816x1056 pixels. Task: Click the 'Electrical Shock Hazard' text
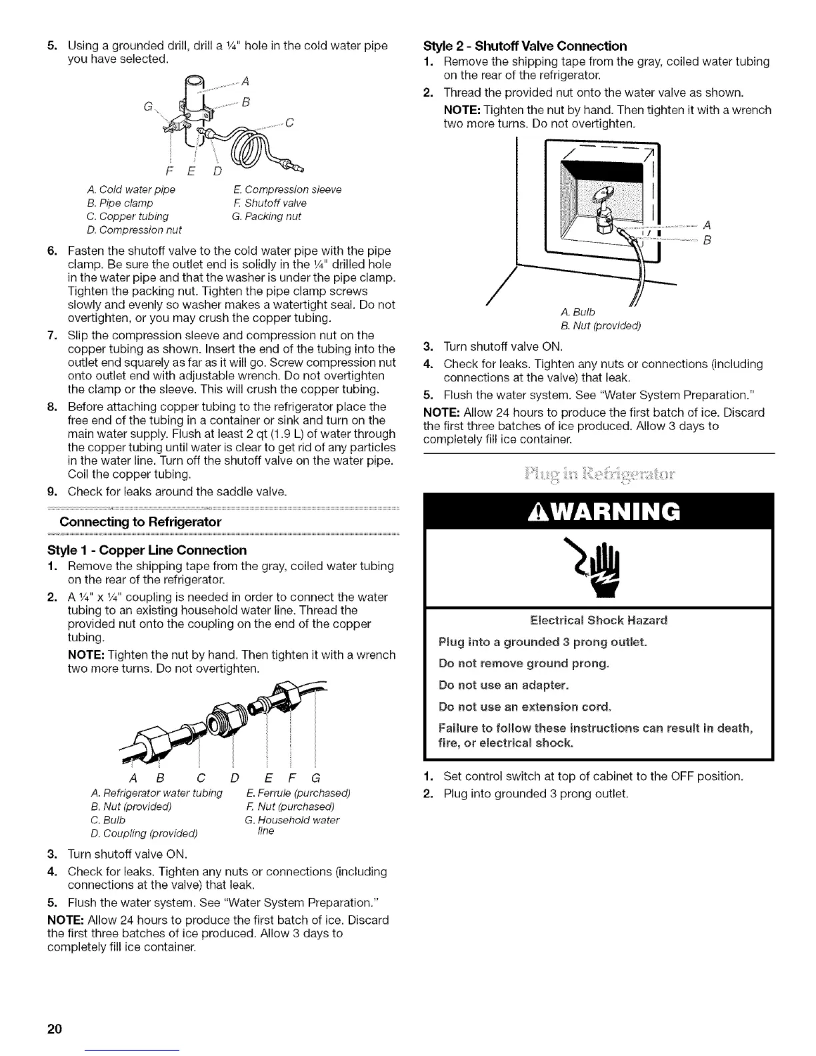click(x=597, y=620)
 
